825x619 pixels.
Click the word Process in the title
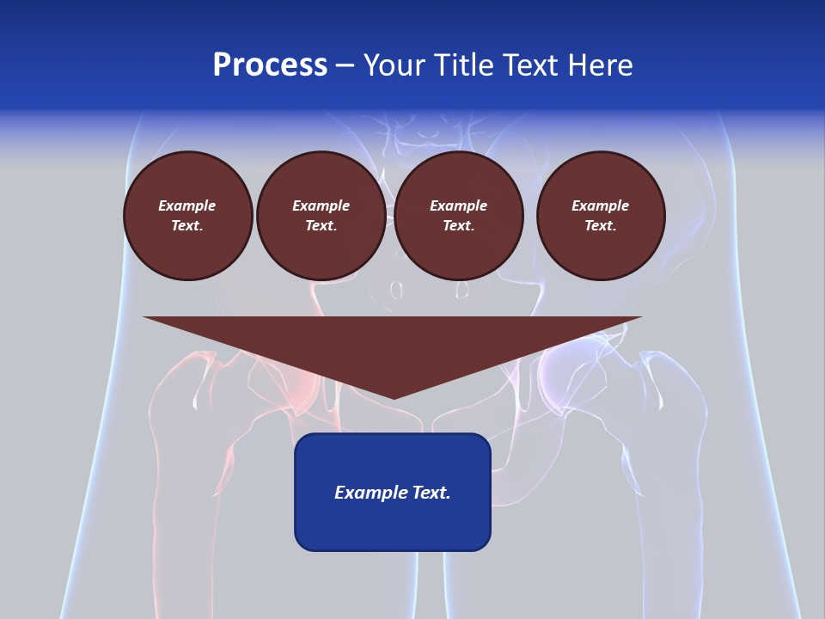(270, 65)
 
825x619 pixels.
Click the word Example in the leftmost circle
(187, 205)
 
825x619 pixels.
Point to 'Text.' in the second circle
(321, 225)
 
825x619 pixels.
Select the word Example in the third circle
(458, 205)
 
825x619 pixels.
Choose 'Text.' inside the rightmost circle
(600, 225)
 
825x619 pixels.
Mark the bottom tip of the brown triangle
(393, 397)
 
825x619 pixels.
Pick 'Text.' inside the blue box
(430, 493)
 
